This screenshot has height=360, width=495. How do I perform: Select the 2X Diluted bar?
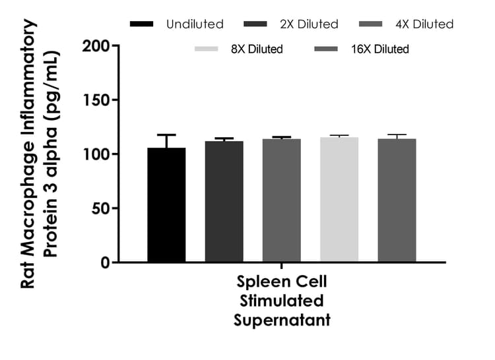tap(224, 201)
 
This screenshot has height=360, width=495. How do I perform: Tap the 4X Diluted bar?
tap(282, 200)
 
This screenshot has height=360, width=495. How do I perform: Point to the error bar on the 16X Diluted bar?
tap(397, 136)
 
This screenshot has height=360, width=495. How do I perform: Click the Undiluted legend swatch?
tap(142, 24)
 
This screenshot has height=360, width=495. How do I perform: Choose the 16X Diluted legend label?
tap(380, 49)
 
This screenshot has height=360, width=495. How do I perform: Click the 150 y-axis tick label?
tap(97, 100)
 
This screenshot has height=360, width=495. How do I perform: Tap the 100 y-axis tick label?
tap(97, 154)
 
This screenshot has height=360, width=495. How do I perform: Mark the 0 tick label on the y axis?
tap(106, 262)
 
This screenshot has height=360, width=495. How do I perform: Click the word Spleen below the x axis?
tap(260, 283)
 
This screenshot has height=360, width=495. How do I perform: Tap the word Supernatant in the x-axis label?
tap(282, 320)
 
